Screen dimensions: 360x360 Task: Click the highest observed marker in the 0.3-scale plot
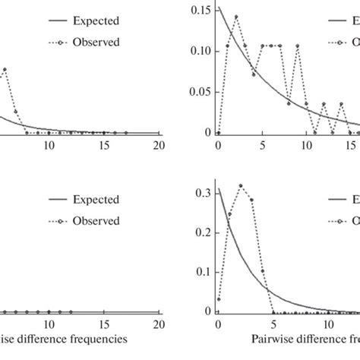pyautogui.click(x=241, y=185)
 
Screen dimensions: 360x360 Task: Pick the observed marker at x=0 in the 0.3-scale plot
pyautogui.click(x=218, y=299)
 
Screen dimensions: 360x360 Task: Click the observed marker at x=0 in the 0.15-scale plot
pyautogui.click(x=218, y=132)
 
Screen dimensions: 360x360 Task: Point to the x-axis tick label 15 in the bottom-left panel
pyautogui.click(x=103, y=324)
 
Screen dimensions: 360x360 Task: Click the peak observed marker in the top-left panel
pyautogui.click(x=5, y=70)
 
